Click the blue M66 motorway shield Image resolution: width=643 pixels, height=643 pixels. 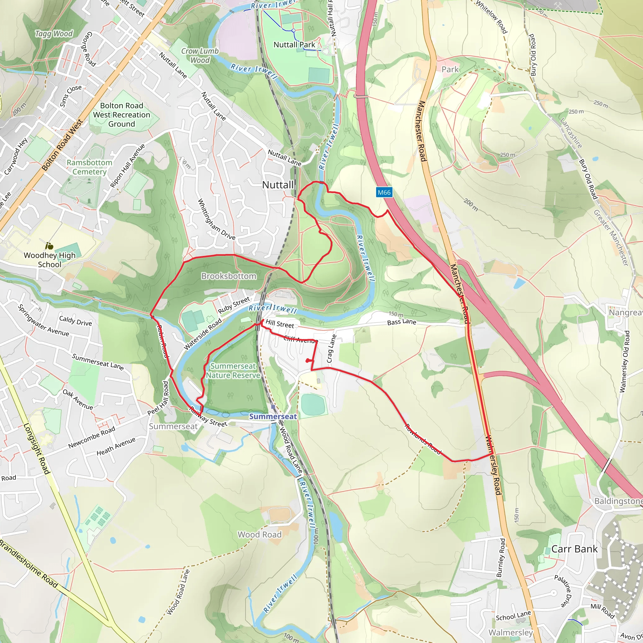click(384, 192)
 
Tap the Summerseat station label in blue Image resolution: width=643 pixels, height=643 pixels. click(273, 416)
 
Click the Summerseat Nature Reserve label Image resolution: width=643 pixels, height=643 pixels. click(233, 371)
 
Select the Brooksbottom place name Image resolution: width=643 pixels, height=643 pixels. click(229, 276)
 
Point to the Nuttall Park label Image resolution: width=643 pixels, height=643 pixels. click(294, 45)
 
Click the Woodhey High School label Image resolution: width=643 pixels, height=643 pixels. click(50, 260)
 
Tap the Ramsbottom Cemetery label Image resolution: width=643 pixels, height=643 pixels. click(89, 167)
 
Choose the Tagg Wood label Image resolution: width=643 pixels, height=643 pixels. click(54, 34)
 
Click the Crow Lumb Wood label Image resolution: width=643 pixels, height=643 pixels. click(200, 56)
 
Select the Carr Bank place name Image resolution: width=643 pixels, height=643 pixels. click(574, 549)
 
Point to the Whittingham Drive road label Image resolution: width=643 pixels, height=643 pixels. click(216, 220)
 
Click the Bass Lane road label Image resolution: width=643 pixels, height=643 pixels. click(401, 322)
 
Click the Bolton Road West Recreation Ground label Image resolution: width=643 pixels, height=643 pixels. click(122, 115)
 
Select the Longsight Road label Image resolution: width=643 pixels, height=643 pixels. click(37, 449)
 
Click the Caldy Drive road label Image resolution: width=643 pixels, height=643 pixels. click(76, 321)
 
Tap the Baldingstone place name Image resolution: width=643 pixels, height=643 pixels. click(618, 501)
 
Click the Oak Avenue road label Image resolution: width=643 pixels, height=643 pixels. click(78, 399)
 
